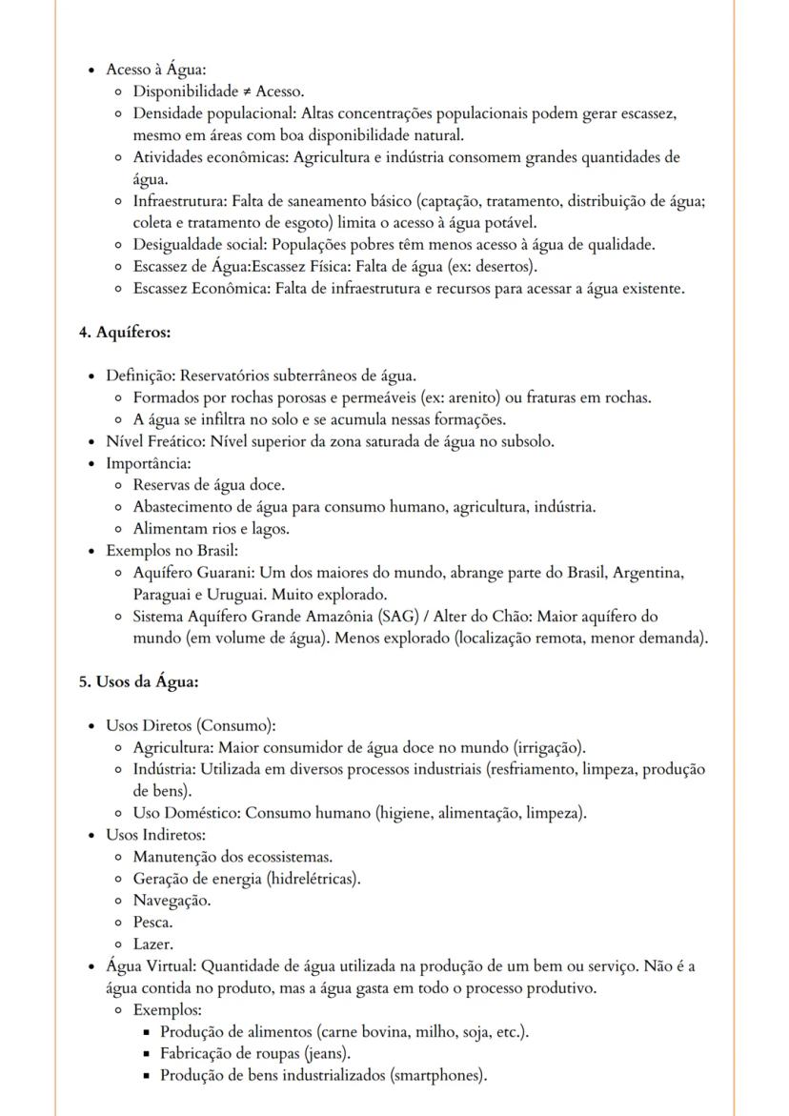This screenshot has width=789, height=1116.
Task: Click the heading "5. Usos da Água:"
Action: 138,681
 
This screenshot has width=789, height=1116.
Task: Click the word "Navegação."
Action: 172,901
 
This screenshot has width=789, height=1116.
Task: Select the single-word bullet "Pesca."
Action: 152,923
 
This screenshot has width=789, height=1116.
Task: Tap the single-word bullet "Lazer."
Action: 152,944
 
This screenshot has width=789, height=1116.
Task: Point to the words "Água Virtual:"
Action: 151,966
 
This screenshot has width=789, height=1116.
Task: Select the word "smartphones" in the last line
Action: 438,1076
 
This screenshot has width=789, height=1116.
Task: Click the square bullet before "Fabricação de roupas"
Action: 147,1054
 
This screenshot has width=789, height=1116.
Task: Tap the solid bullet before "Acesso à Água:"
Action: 91,71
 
